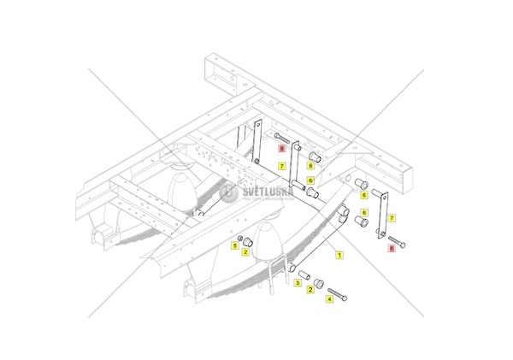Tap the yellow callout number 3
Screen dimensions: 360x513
[298, 282]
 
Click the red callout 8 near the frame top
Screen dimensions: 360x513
[281, 148]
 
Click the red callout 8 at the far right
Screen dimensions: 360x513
[392, 248]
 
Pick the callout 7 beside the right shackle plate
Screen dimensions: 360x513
[392, 219]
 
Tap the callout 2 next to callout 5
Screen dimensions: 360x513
[245, 252]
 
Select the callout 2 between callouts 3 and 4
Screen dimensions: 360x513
[310, 291]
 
